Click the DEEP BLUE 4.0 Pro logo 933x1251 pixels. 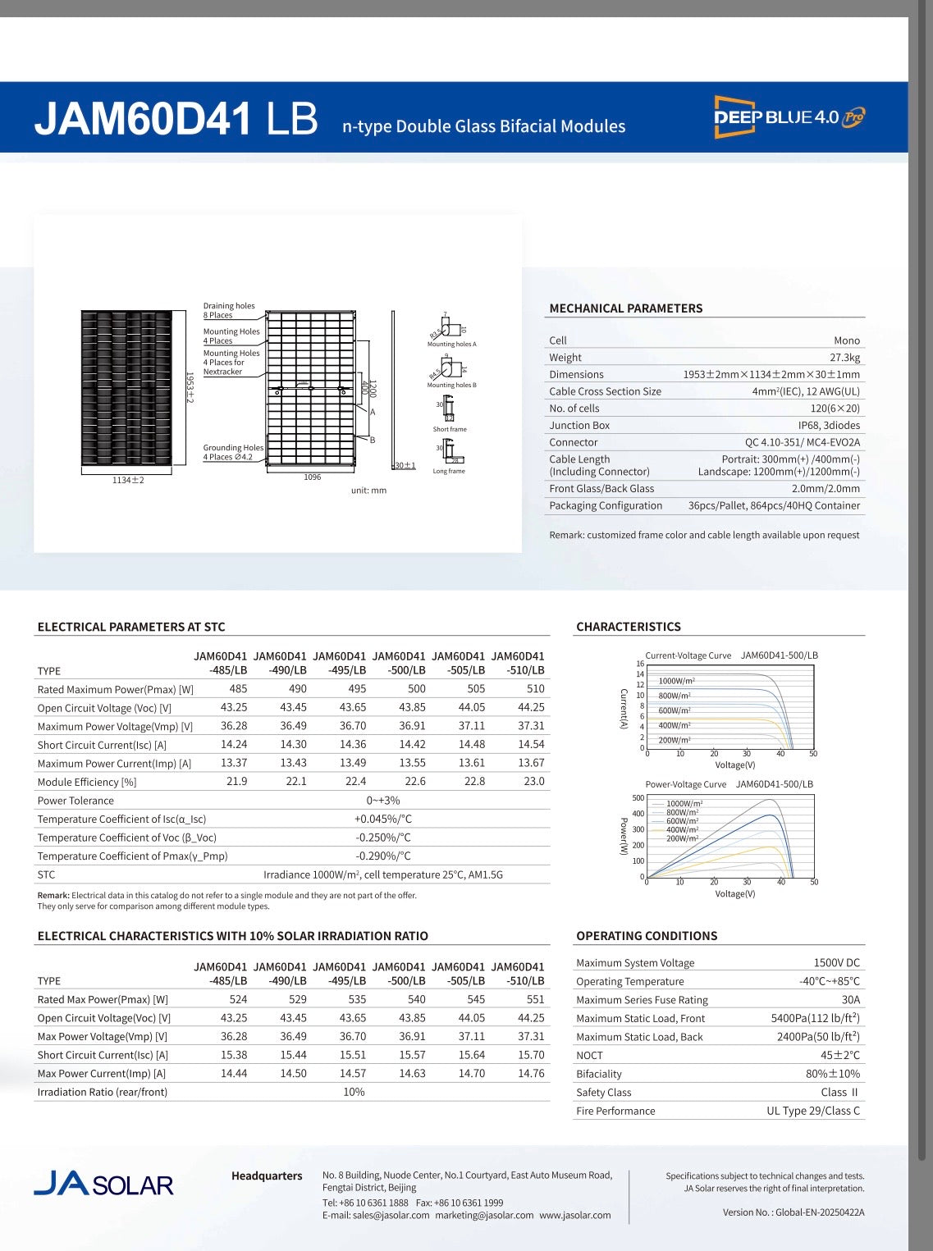pos(789,116)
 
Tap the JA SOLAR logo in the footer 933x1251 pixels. pos(103,1184)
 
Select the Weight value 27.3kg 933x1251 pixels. pos(844,358)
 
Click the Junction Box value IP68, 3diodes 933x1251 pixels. pos(829,425)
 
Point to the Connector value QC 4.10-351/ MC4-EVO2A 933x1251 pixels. pos(802,442)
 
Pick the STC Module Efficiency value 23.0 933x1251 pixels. pos(533,782)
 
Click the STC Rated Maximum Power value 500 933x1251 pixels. pos(416,689)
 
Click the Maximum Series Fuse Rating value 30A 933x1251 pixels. pos(850,1000)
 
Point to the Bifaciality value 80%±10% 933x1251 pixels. pos(832,1074)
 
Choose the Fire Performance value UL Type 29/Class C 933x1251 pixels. pos(813,1111)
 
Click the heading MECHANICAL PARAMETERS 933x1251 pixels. pos(625,308)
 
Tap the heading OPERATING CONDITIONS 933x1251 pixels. pos(646,936)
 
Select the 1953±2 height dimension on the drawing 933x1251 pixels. pos(190,386)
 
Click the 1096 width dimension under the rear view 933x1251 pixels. pos(312,477)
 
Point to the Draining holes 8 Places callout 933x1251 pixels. pos(229,310)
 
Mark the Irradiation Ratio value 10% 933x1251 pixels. pos(354,1092)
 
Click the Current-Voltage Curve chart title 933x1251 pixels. pos(688,655)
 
